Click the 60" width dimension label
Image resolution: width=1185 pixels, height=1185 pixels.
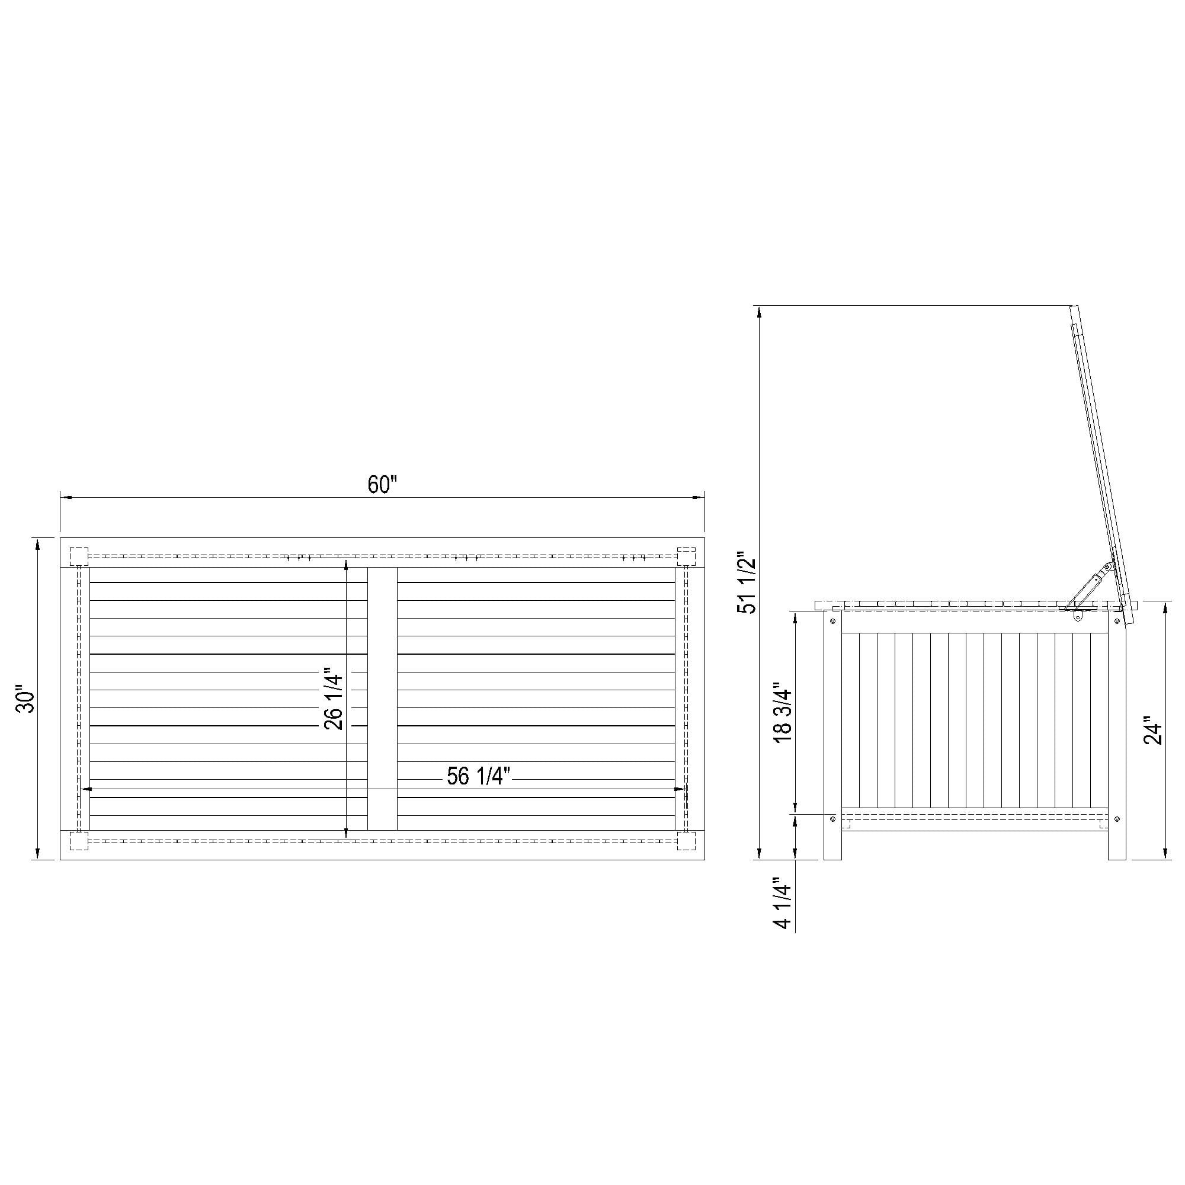tap(383, 485)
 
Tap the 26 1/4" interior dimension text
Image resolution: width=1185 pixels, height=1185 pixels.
tap(334, 699)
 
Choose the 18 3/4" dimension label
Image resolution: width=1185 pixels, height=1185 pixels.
tap(783, 713)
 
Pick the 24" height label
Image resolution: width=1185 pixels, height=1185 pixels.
tap(1153, 730)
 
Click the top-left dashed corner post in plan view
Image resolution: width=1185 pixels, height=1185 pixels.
tap(79, 556)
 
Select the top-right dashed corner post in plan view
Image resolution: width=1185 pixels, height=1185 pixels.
tap(686, 556)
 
